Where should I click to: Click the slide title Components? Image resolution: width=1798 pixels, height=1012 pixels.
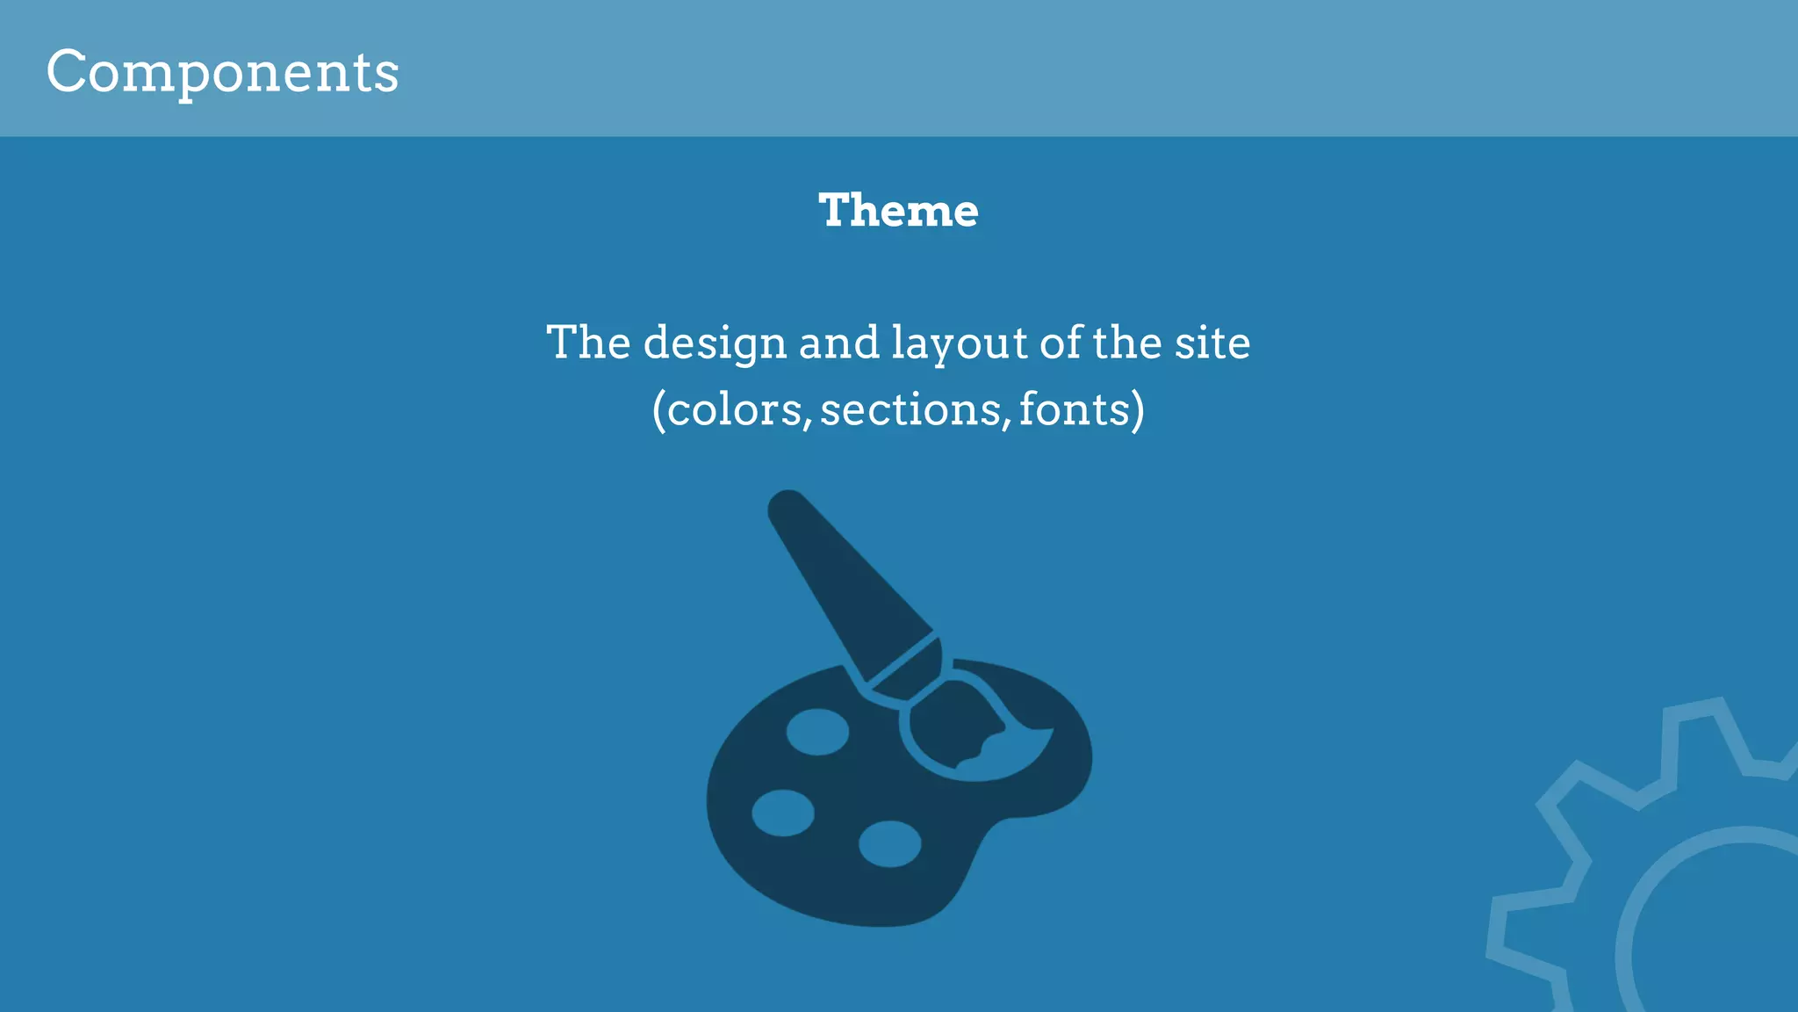pos(222,72)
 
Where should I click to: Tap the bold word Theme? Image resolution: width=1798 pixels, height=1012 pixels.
pos(898,211)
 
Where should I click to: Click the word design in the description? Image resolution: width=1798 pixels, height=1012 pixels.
pos(715,343)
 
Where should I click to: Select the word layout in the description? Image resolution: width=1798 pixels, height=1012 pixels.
pos(959,343)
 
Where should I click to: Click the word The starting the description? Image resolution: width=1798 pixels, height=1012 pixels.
pos(588,343)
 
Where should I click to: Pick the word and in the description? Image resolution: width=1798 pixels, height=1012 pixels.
pos(838,343)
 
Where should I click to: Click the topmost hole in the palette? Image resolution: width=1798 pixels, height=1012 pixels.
pos(817,732)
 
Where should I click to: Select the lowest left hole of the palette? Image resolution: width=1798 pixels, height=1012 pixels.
pos(782,813)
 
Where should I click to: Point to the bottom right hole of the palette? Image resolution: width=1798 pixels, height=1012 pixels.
pos(889,843)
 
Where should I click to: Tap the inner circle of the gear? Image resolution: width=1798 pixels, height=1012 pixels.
pos(1721,931)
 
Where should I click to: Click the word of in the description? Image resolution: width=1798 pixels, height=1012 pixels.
pos(1061,343)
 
